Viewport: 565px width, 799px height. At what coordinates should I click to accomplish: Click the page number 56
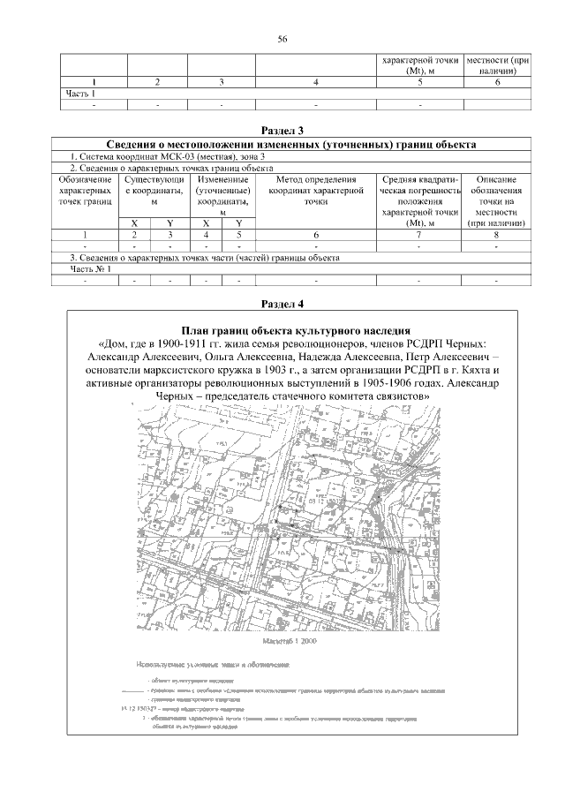[x=282, y=39]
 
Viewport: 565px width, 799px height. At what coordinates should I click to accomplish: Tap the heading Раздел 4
[x=282, y=304]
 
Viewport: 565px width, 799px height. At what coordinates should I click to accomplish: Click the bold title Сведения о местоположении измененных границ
[x=291, y=144]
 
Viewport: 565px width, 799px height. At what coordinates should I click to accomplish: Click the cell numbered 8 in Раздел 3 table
[x=497, y=236]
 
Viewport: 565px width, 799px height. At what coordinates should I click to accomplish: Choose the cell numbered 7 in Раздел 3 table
[x=418, y=236]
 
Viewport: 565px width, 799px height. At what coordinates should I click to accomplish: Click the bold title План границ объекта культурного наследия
[x=292, y=328]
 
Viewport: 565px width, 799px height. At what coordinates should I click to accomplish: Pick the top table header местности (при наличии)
[x=498, y=65]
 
